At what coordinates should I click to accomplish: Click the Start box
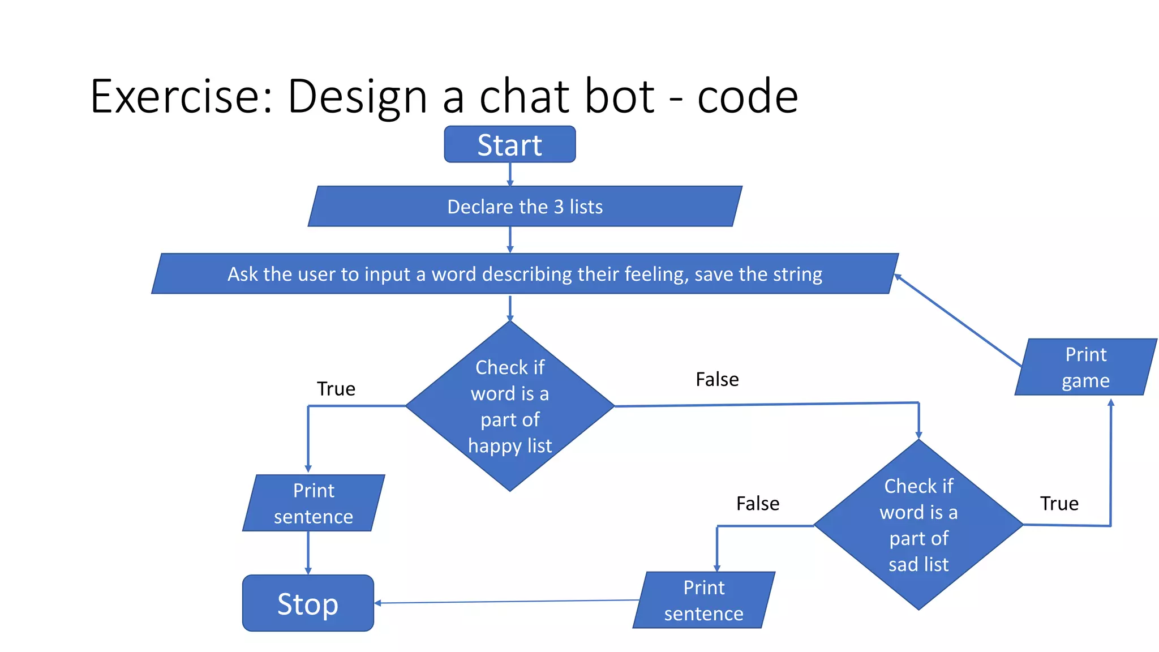pyautogui.click(x=509, y=144)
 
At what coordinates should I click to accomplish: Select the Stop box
pyautogui.click(x=308, y=603)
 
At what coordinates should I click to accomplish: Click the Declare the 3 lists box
pyautogui.click(x=525, y=207)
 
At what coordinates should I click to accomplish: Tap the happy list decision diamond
pyautogui.click(x=509, y=406)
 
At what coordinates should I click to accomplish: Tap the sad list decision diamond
pyautogui.click(x=918, y=525)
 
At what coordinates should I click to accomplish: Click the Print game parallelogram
pyautogui.click(x=1085, y=367)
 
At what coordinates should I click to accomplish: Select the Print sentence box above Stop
pyautogui.click(x=314, y=503)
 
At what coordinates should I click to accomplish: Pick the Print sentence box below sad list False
pyautogui.click(x=703, y=600)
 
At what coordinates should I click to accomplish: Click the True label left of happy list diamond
pyautogui.click(x=336, y=389)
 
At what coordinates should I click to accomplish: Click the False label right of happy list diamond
pyautogui.click(x=717, y=379)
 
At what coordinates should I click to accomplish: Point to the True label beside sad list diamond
pyautogui.click(x=1059, y=503)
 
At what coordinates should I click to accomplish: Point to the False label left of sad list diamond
pyautogui.click(x=757, y=503)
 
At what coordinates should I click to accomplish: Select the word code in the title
pyautogui.click(x=747, y=96)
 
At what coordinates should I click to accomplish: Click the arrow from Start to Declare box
pyautogui.click(x=510, y=174)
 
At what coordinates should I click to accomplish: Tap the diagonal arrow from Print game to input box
pyautogui.click(x=958, y=320)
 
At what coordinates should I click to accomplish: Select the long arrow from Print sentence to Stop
pyautogui.click(x=506, y=602)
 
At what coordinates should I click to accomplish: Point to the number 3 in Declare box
pyautogui.click(x=559, y=207)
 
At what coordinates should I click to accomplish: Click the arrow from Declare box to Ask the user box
pyautogui.click(x=510, y=239)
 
